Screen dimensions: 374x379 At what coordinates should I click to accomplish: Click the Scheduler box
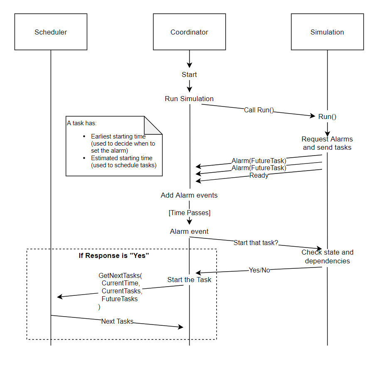[x=51, y=32]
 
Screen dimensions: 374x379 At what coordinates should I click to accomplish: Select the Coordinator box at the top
[x=189, y=32]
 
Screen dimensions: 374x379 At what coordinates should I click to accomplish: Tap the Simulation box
[x=327, y=32]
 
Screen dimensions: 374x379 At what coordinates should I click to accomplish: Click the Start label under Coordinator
[x=189, y=74]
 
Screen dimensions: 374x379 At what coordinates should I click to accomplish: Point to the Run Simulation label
[x=189, y=99]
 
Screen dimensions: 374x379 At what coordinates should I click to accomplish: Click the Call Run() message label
[x=258, y=110]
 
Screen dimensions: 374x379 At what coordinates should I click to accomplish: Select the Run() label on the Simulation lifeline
[x=327, y=116]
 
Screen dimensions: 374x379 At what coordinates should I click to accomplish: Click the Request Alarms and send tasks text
[x=327, y=143]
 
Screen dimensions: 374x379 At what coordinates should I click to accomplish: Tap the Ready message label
[x=258, y=176]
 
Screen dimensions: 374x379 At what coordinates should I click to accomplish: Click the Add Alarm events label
[x=189, y=195]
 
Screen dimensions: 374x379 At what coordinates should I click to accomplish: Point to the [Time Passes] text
[x=189, y=213]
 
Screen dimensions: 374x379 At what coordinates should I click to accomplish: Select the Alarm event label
[x=189, y=231]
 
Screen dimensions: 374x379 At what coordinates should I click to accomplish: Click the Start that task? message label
[x=256, y=243]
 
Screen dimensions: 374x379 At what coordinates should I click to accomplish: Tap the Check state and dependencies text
[x=327, y=257]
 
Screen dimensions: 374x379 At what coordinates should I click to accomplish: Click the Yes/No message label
[x=259, y=270]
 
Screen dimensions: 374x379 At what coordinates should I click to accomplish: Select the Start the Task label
[x=189, y=280]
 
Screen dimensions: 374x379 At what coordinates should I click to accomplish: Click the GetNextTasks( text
[x=120, y=276]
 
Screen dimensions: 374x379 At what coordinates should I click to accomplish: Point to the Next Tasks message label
[x=117, y=321]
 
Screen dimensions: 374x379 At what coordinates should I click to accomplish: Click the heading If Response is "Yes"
[x=114, y=255]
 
